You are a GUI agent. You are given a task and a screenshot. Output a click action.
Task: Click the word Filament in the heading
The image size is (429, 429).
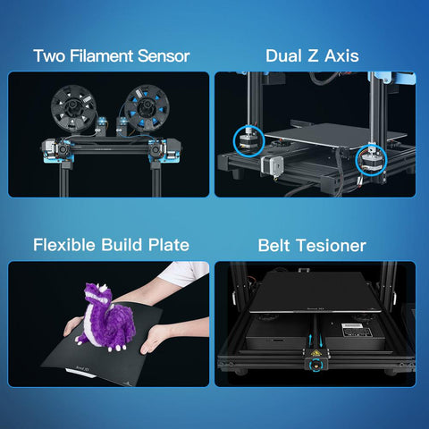click(101, 56)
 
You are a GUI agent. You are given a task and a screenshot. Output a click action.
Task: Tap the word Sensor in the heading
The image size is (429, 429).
click(164, 56)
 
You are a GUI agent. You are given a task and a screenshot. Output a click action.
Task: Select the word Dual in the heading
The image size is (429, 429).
click(283, 55)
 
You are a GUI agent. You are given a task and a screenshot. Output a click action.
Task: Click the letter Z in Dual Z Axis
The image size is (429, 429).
click(313, 56)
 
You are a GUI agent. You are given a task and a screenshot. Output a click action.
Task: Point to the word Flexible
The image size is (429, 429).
click(64, 245)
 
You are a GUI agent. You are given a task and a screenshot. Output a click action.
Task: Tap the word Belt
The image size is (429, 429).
click(273, 246)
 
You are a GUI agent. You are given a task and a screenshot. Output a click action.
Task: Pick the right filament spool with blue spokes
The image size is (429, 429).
click(147, 108)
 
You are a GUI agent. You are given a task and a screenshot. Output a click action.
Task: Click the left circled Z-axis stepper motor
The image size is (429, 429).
click(249, 141)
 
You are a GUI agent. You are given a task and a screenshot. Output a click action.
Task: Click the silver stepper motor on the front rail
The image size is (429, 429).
click(272, 164)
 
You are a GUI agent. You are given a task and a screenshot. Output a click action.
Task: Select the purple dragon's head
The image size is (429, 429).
click(97, 294)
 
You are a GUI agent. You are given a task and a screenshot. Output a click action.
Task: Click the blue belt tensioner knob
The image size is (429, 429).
click(316, 366)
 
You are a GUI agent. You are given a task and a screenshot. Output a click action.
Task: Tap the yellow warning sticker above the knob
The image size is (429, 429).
click(315, 354)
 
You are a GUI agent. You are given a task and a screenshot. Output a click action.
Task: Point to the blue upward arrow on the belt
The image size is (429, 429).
click(311, 340)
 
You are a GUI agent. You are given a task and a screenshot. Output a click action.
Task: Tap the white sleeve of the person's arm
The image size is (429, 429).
click(185, 273)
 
